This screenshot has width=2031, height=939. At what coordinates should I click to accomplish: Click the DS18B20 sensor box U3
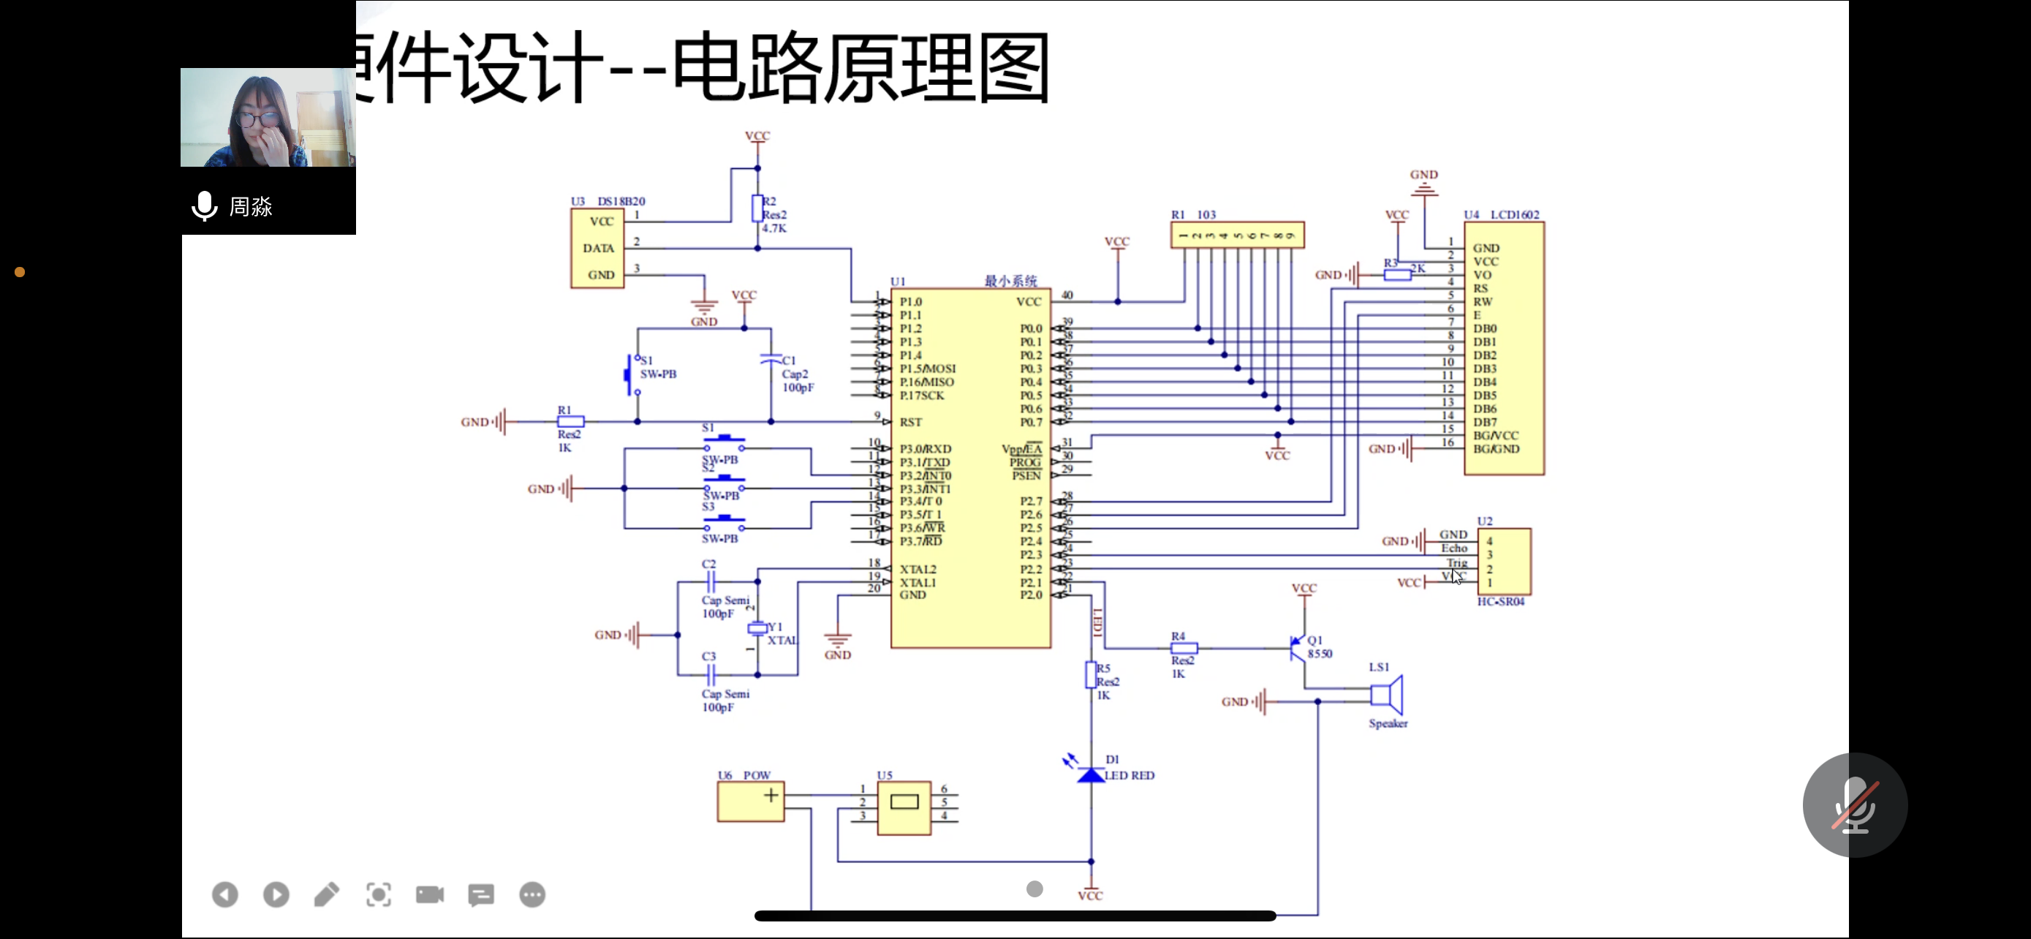point(597,249)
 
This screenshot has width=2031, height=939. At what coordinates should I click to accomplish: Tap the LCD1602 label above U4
point(1514,214)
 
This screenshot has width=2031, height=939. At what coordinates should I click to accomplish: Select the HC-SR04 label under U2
point(1500,602)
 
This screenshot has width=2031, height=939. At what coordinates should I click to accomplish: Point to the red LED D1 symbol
point(1090,775)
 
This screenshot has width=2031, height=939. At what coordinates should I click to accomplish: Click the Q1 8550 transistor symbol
point(1297,647)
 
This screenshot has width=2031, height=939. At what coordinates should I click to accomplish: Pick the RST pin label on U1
point(911,423)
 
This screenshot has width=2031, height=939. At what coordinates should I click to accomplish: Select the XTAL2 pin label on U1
point(918,569)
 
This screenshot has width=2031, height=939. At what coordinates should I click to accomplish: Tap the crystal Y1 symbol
point(757,627)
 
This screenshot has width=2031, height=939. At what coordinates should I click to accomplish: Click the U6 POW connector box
point(750,802)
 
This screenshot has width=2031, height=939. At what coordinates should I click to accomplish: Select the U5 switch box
point(904,807)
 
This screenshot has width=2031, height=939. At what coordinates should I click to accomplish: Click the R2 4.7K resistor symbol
point(757,209)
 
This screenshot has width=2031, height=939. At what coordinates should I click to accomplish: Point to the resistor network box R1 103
point(1236,235)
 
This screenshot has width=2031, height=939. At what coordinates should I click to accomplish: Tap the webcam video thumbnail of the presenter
point(268,118)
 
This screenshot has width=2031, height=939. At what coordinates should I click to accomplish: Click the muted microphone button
point(1854,805)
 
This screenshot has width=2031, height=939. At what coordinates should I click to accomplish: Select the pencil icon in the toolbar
point(326,894)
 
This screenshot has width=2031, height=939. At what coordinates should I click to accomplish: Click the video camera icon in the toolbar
point(430,894)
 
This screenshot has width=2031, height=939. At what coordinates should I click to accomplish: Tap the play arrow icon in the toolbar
point(276,894)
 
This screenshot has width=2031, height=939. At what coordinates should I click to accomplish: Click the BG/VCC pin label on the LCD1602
point(1495,436)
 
